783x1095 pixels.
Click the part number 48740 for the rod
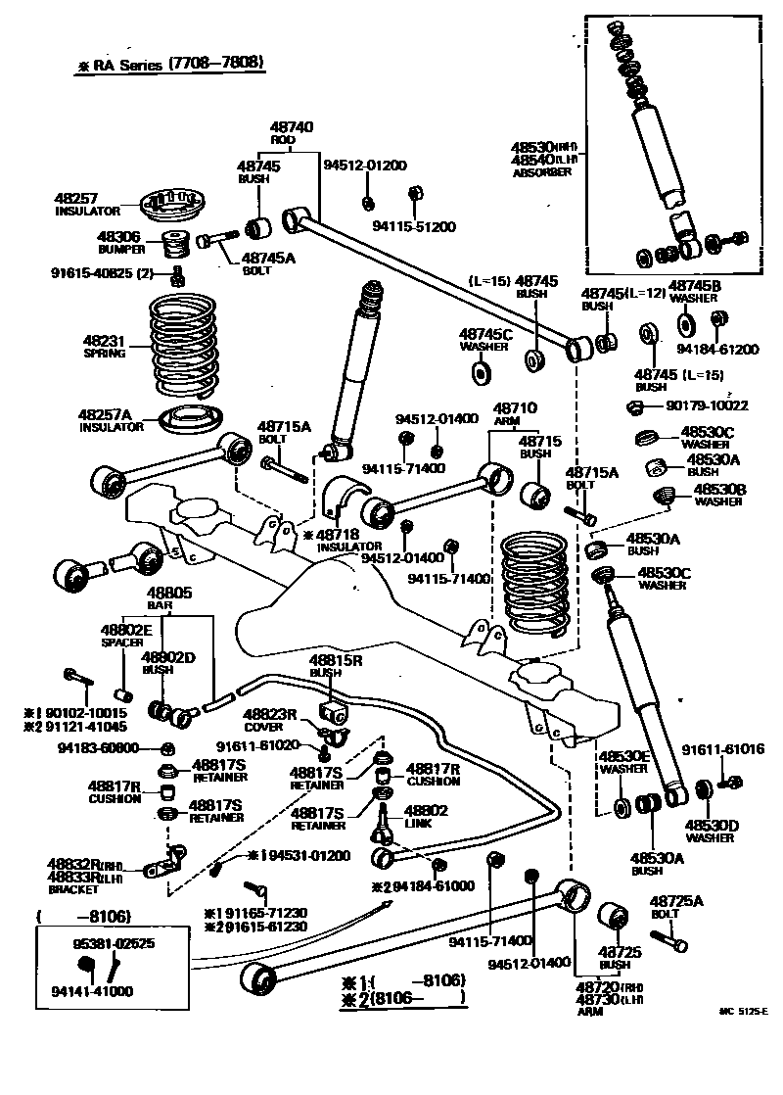click(x=292, y=127)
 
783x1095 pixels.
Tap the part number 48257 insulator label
click(x=76, y=199)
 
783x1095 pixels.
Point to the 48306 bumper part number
click(x=118, y=237)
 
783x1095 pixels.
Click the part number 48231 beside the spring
click(x=104, y=342)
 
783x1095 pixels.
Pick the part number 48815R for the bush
click(x=336, y=660)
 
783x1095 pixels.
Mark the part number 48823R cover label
click(x=270, y=714)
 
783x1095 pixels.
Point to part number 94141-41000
click(x=93, y=991)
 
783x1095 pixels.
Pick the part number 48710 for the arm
click(x=514, y=406)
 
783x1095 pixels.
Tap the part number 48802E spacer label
click(x=126, y=630)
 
